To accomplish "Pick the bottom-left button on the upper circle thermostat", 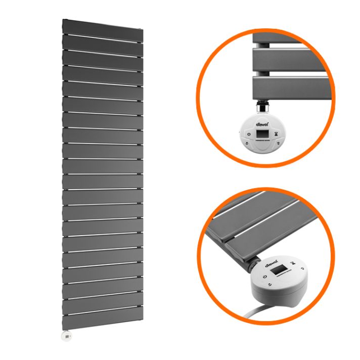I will pyautogui.click(x=247, y=144).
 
